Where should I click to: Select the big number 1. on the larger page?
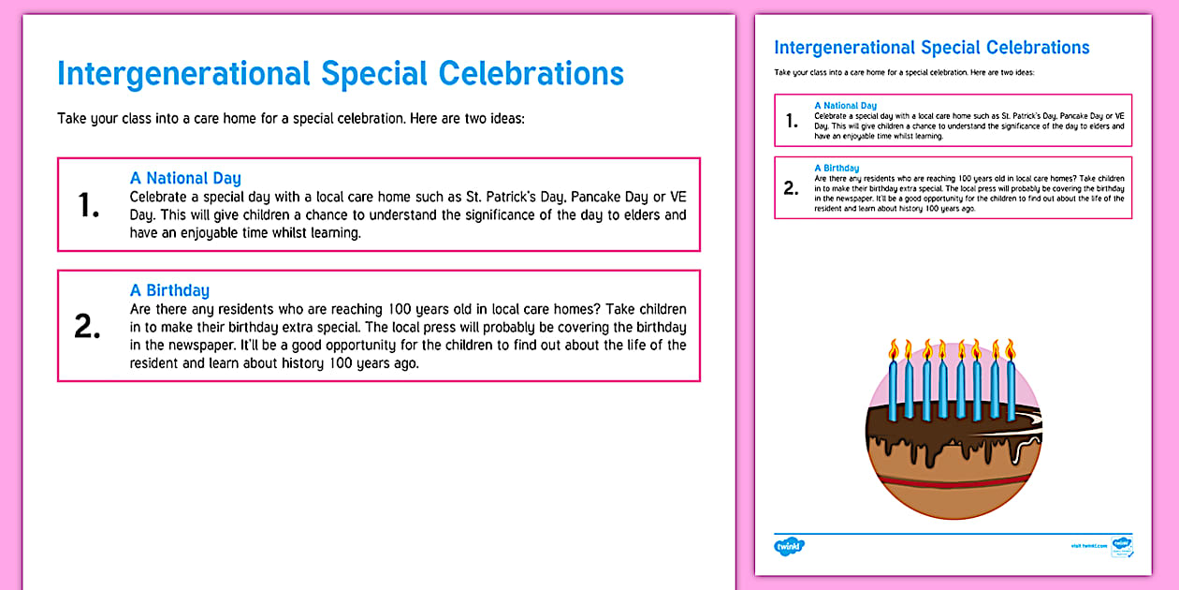tap(89, 205)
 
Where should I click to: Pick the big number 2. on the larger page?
tap(88, 326)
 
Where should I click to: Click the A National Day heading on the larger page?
tap(185, 178)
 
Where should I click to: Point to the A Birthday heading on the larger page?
tap(169, 290)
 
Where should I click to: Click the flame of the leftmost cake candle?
tap(894, 350)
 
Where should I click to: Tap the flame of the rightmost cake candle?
tap(1011, 350)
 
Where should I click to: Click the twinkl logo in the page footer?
tap(789, 545)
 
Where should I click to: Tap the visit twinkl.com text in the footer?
tap(1089, 545)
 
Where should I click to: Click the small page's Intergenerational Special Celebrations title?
tap(931, 48)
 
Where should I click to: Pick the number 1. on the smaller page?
tap(792, 121)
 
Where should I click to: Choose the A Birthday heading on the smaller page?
tap(837, 169)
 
